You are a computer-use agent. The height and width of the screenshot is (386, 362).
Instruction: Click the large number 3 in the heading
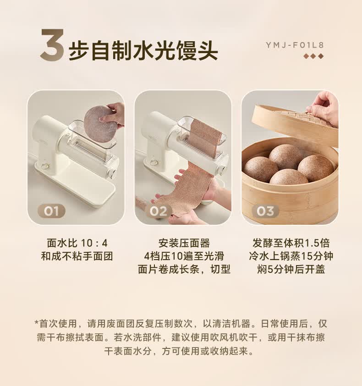[x=52, y=45]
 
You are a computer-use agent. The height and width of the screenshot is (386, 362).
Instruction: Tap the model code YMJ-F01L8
[x=295, y=45]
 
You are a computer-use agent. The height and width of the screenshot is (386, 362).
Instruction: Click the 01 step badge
[x=51, y=211]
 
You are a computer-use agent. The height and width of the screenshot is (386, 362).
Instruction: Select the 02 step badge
[x=158, y=211]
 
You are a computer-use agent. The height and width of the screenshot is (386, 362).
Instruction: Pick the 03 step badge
[x=265, y=211]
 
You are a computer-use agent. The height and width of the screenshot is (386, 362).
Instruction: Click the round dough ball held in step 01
[x=100, y=123]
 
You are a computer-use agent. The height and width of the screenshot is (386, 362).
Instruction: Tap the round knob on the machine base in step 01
[x=45, y=166]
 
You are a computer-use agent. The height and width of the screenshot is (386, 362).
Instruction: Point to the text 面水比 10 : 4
[x=77, y=243]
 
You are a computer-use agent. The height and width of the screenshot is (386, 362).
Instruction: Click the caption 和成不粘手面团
[x=77, y=256]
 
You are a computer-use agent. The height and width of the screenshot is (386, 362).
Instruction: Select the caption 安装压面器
[x=184, y=243]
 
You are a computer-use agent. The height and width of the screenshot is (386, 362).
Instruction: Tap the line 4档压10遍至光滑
[x=184, y=256]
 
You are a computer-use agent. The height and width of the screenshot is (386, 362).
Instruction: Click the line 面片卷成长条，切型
[x=184, y=269]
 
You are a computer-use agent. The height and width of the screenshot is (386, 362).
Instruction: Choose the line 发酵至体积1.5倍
[x=291, y=243]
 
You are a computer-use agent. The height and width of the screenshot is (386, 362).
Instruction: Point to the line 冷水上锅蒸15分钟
[x=291, y=256]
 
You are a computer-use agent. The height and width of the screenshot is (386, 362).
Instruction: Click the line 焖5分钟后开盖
[x=291, y=269]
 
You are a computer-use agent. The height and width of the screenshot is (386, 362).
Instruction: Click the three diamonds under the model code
[x=313, y=56]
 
